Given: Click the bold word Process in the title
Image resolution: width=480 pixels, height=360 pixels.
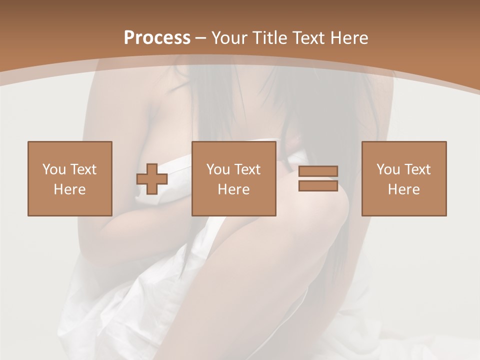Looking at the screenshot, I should click(x=157, y=38).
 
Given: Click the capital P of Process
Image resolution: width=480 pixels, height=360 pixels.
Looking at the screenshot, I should click(x=129, y=38).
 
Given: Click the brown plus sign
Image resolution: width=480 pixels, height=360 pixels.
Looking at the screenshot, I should click(x=152, y=178).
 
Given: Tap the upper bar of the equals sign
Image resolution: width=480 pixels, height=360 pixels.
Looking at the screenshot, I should click(x=318, y=171).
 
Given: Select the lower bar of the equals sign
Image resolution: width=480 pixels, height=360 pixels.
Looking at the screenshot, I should click(x=318, y=186).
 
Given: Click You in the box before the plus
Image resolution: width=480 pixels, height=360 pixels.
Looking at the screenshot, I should click(x=54, y=169).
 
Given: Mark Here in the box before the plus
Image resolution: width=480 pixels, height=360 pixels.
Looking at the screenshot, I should click(x=69, y=189).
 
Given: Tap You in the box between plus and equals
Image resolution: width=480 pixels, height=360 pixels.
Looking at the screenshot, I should click(x=218, y=169).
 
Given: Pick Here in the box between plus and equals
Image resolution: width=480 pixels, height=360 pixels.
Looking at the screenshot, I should click(x=233, y=189).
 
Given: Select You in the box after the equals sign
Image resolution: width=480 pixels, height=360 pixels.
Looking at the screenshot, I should click(x=388, y=169).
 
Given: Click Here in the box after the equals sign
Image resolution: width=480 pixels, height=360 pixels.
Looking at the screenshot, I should click(x=403, y=189).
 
